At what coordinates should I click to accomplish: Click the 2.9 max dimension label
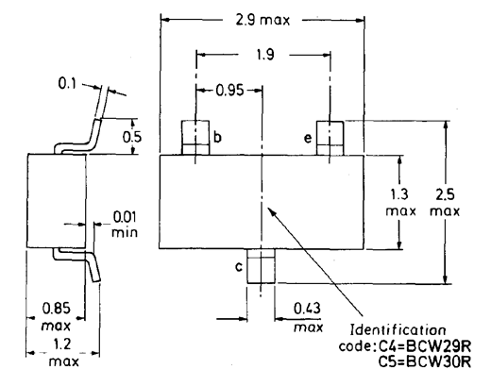point(262,20)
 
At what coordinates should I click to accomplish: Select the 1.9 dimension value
point(265,55)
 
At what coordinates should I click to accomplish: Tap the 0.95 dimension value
point(229,91)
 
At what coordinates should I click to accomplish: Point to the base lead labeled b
point(195,138)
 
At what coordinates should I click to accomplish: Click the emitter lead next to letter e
point(330,138)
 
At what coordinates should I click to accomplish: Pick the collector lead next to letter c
point(261,266)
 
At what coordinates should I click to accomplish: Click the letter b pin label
point(217,137)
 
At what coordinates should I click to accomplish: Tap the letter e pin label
point(308,138)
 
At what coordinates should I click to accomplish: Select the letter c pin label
point(239,267)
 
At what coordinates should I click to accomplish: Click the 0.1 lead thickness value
point(67,83)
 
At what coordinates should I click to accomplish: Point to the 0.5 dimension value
point(132,137)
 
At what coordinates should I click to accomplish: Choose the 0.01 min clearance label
point(125,225)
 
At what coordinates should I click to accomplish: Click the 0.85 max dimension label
point(57,316)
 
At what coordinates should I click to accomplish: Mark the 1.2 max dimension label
point(63,353)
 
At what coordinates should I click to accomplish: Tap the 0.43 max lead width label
point(308,317)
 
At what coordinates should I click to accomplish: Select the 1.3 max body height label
point(400,202)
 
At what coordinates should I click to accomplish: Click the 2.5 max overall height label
point(445,202)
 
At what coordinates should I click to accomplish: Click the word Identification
point(398,330)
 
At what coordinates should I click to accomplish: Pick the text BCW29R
point(438,346)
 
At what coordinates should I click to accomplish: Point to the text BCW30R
point(438,361)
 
